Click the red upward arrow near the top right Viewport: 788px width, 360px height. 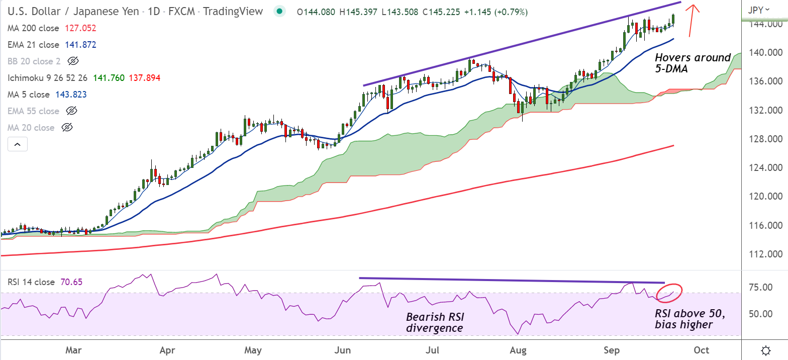point(692,20)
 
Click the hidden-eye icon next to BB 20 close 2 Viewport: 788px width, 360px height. point(73,61)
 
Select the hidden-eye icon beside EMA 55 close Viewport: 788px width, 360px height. point(72,111)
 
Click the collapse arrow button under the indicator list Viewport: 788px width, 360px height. point(18,145)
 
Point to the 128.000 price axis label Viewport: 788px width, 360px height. point(763,139)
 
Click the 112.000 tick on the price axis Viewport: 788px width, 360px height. point(763,254)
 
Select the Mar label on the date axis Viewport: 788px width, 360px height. point(74,349)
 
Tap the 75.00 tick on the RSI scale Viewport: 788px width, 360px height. point(760,288)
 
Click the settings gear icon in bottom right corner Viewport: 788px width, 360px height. point(766,350)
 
